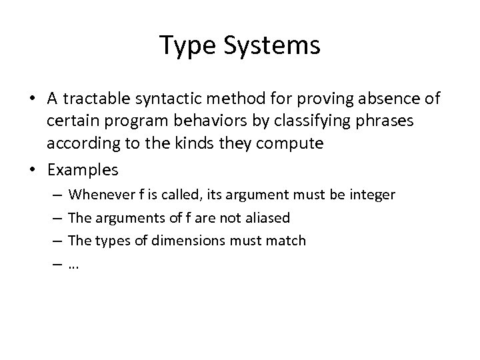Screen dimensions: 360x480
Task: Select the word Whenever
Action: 101,195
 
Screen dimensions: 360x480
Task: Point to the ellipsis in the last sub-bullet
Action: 74,265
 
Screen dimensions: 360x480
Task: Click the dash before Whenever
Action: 57,195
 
